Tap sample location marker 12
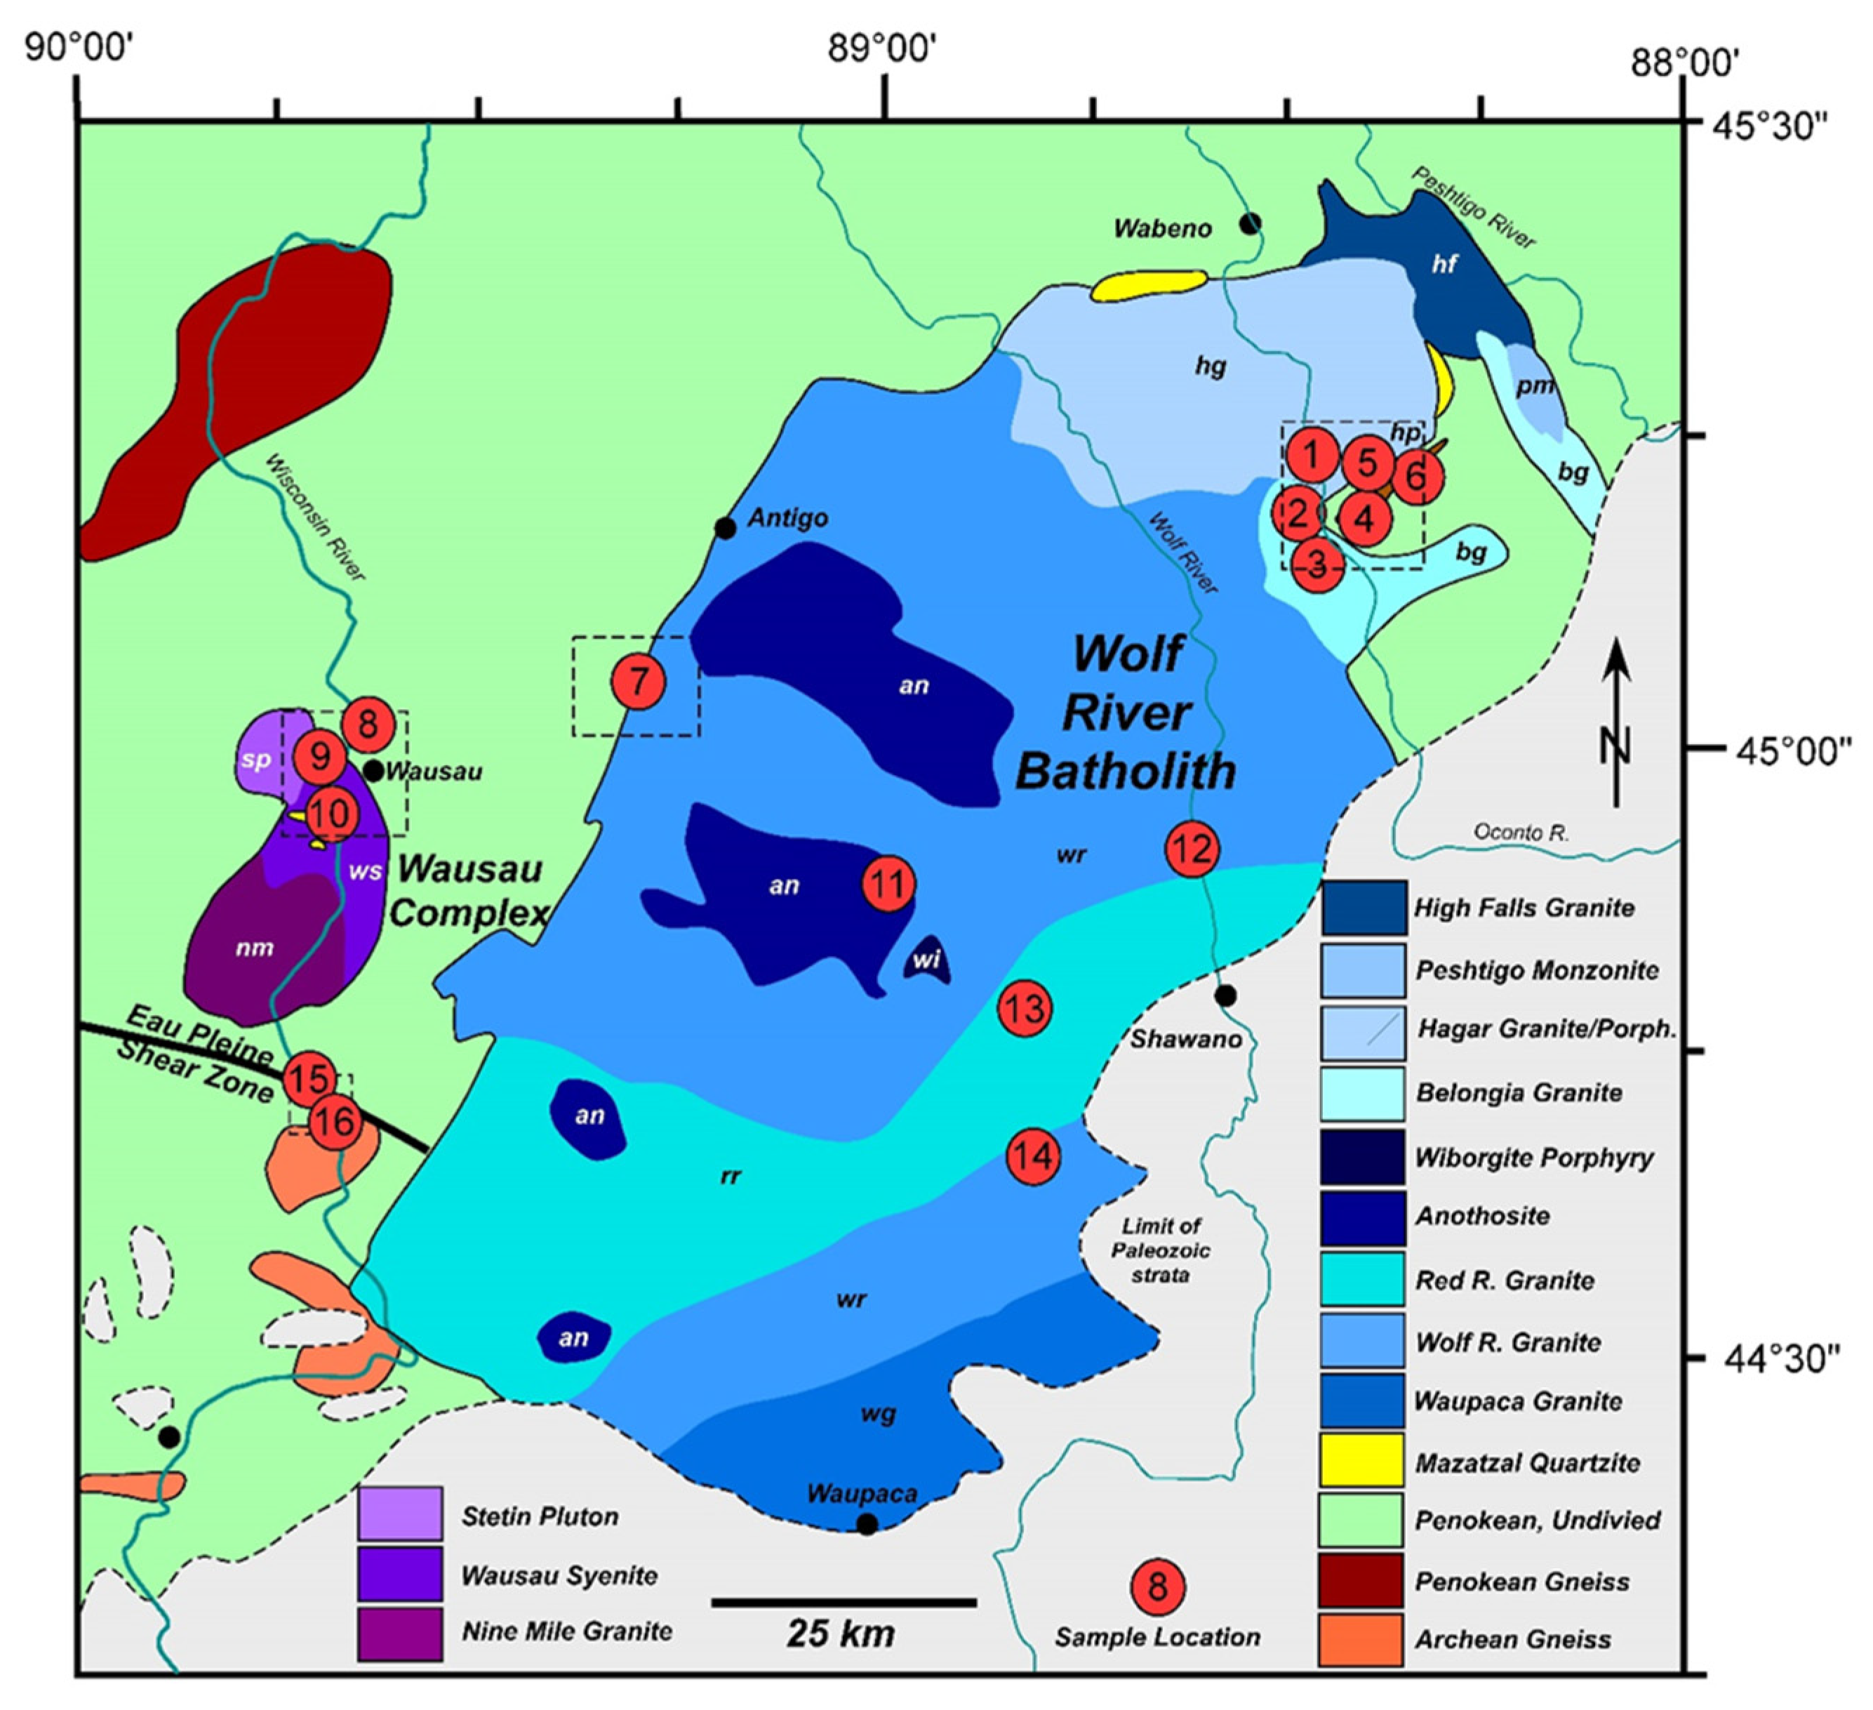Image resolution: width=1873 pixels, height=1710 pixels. click(x=1193, y=849)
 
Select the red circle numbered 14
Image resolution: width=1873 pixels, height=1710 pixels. click(x=1033, y=1157)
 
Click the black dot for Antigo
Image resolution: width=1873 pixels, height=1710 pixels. click(x=725, y=529)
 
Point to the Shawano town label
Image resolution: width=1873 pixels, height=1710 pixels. click(x=1185, y=1039)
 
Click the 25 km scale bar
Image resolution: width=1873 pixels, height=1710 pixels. click(x=844, y=1602)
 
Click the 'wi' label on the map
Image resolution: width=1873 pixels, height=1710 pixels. click(x=926, y=960)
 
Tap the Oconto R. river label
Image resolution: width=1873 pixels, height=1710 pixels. click(x=1521, y=833)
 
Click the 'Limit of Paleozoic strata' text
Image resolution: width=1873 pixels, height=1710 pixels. click(x=1161, y=1250)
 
